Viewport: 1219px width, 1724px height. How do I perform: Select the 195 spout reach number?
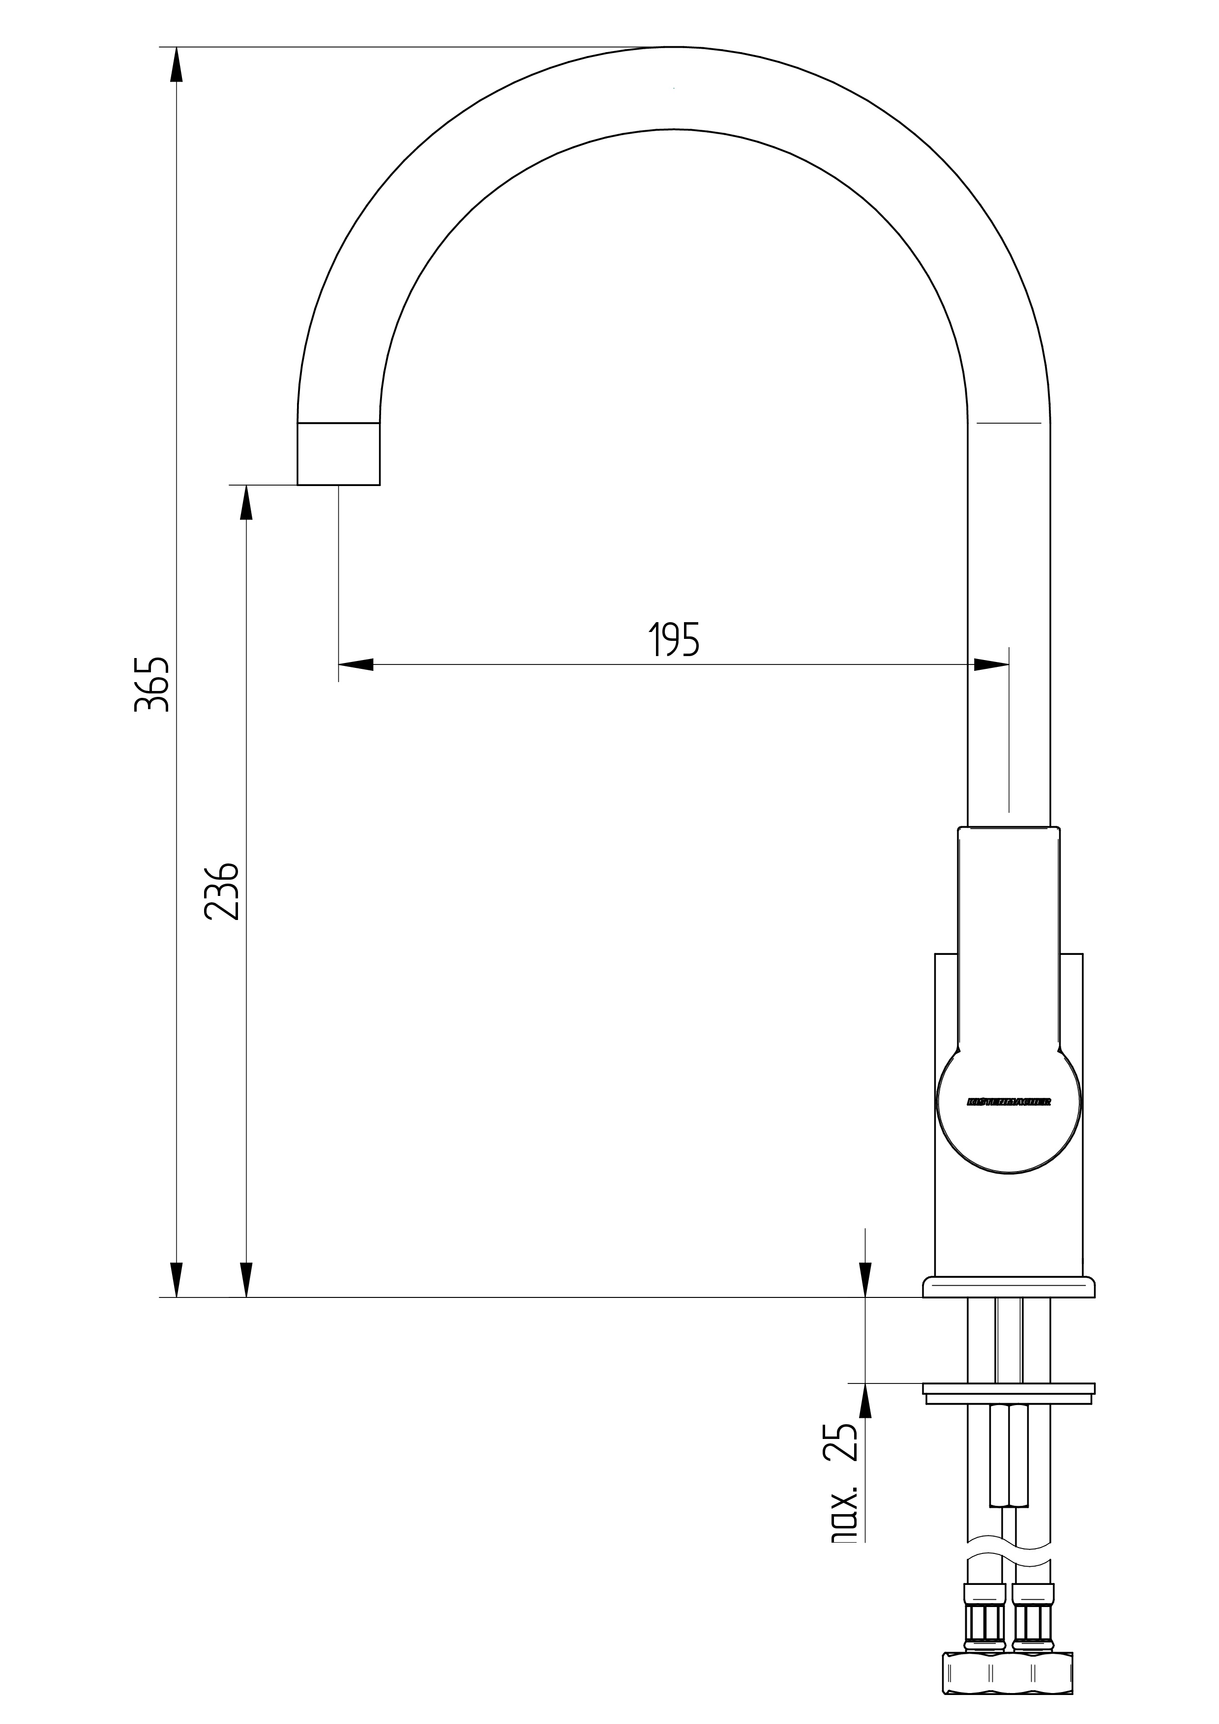(674, 640)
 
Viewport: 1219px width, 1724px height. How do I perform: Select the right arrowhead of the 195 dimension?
(991, 664)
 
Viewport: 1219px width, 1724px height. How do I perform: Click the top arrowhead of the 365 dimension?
(177, 64)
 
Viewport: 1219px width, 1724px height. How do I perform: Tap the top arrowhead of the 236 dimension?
(245, 502)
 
